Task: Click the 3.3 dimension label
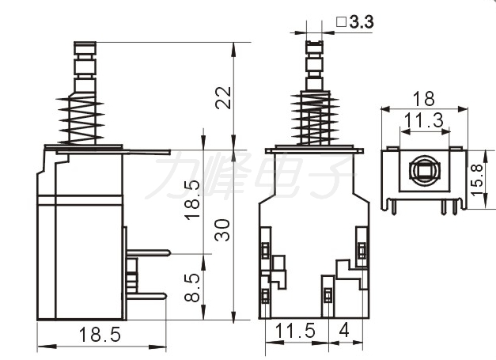pos(362,22)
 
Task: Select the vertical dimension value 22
pos(223,98)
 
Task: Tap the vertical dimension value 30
pos(222,230)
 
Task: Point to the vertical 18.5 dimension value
pos(192,200)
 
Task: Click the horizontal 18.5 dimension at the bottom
pos(100,335)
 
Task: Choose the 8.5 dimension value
pos(192,287)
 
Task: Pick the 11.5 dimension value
pos(295,331)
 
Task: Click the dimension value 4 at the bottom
pos(344,331)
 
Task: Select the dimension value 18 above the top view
pos(424,100)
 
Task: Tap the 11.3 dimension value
pos(424,120)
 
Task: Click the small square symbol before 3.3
pos(341,22)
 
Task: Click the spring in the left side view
pos(81,120)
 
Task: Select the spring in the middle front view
pos(315,118)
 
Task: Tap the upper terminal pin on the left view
pos(149,252)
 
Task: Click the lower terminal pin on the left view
pos(146,296)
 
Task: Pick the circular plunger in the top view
pos(424,171)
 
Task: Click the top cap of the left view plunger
pos(85,47)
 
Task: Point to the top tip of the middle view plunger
pos(314,41)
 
